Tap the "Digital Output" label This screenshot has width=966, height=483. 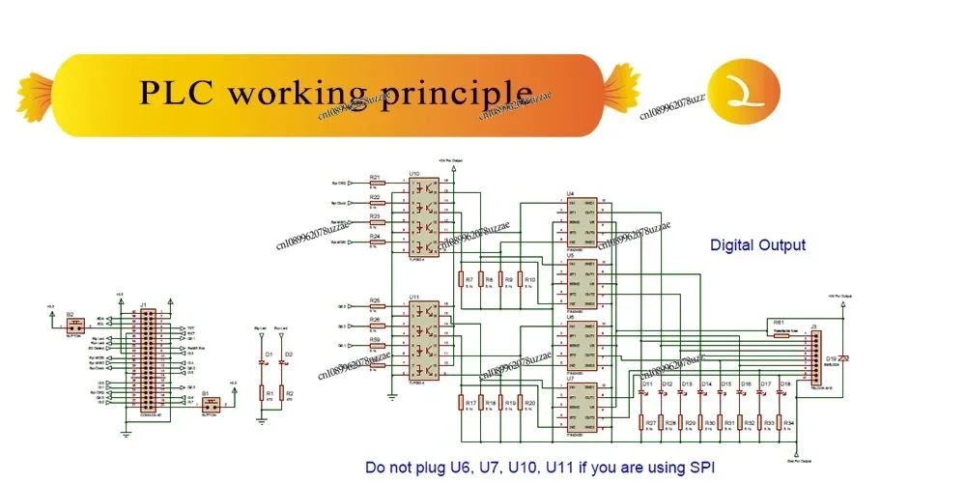coord(757,245)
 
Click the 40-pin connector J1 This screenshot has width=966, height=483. coord(148,358)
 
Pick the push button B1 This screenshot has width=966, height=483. coord(210,402)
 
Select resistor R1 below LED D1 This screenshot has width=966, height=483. coord(263,394)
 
